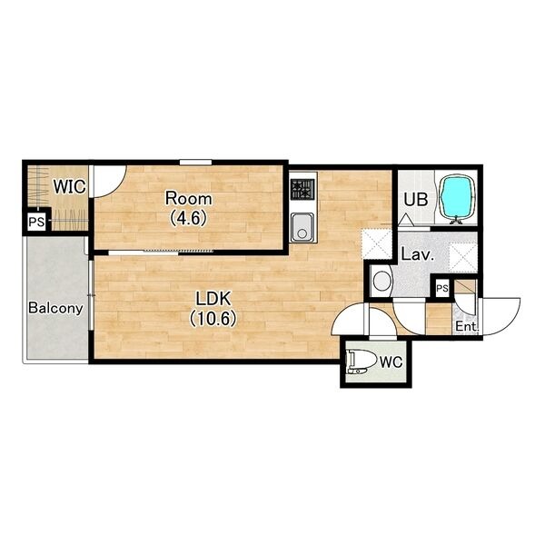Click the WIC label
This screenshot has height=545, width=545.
[70, 187]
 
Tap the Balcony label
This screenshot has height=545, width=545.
[55, 309]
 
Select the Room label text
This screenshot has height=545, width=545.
[188, 199]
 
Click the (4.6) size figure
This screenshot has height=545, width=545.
[188, 218]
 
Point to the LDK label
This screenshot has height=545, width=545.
[213, 299]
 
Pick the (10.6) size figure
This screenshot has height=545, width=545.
[213, 319]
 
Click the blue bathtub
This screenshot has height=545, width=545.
[457, 198]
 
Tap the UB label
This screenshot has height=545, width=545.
[416, 200]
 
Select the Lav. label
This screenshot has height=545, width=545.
[418, 254]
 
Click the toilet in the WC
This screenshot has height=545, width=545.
[362, 362]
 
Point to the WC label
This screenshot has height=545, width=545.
[391, 362]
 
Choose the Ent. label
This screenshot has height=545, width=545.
[467, 326]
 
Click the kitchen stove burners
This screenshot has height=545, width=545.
[302, 190]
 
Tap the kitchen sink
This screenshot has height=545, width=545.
[302, 226]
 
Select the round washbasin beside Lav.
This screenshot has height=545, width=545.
[381, 281]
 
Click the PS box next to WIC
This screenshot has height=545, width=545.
[37, 222]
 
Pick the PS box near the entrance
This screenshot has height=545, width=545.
[442, 288]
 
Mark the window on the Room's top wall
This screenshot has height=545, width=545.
[195, 162]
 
